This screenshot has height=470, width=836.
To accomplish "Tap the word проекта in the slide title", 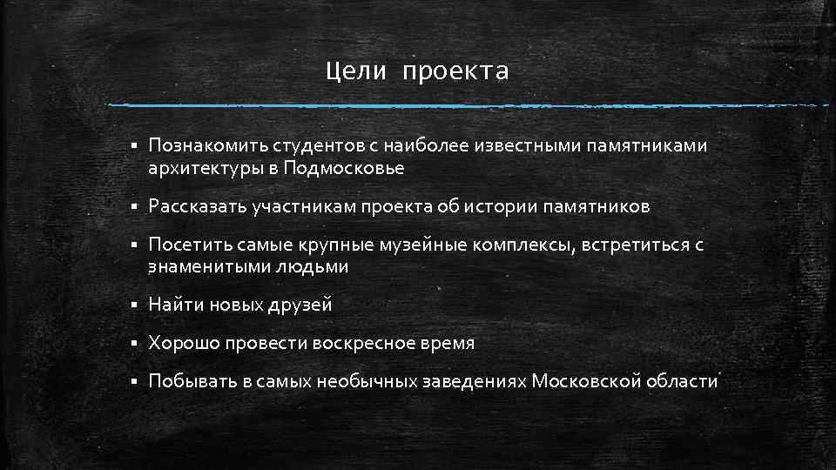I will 455,72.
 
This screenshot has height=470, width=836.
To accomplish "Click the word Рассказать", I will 197,206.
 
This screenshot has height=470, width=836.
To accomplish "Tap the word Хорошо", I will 183,343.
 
